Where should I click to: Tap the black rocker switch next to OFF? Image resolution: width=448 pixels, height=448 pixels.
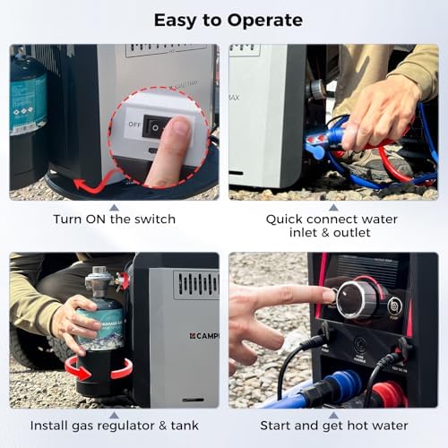pyautogui.click(x=156, y=128)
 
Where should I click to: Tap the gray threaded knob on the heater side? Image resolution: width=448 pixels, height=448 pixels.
pyautogui.click(x=314, y=89)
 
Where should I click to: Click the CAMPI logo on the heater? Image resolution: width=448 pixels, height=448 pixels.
pyautogui.click(x=202, y=336)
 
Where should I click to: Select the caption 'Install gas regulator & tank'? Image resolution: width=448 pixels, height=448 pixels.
pyautogui.click(x=115, y=425)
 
